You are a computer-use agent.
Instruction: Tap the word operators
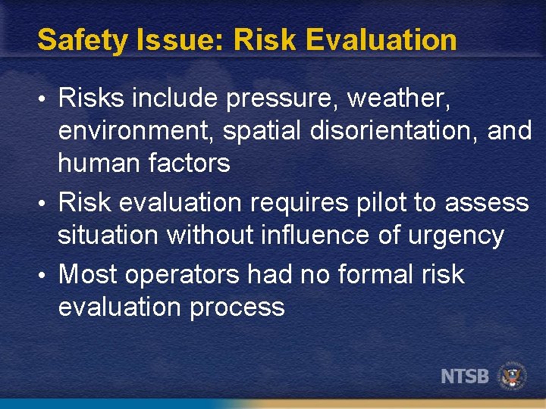tap(181, 274)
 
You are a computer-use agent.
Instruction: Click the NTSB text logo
tap(465, 375)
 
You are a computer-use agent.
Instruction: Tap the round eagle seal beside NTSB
tap(512, 375)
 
